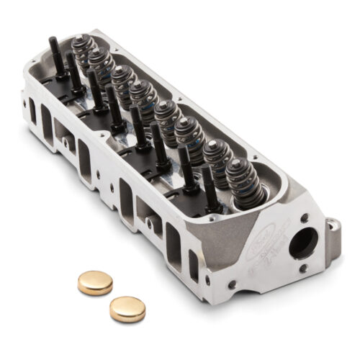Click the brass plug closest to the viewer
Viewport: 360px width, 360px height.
coord(127,308)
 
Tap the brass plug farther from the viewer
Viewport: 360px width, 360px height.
coord(95,282)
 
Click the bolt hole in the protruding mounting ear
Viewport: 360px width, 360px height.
coord(332,226)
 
